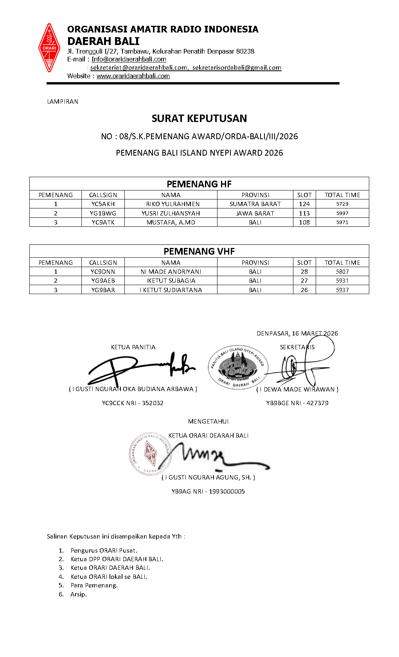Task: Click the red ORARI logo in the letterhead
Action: (49, 48)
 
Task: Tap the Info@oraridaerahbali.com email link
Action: (129, 59)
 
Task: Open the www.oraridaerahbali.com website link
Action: (133, 76)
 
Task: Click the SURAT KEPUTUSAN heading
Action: (199, 118)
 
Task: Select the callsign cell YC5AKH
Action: (103, 204)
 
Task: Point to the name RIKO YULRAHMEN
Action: (171, 204)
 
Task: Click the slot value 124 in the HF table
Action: (304, 204)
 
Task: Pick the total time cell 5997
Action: (342, 214)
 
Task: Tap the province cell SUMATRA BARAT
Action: (255, 204)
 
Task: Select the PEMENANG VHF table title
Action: (199, 251)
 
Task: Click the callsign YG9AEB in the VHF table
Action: (103, 281)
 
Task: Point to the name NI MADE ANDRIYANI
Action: (171, 272)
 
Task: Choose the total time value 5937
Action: (342, 290)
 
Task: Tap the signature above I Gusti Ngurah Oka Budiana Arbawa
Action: (141, 368)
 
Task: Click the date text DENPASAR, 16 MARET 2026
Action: (297, 334)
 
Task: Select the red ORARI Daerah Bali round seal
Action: (149, 454)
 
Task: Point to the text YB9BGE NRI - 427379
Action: (297, 403)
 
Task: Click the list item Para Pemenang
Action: (94, 585)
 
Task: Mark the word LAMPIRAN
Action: (63, 102)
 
